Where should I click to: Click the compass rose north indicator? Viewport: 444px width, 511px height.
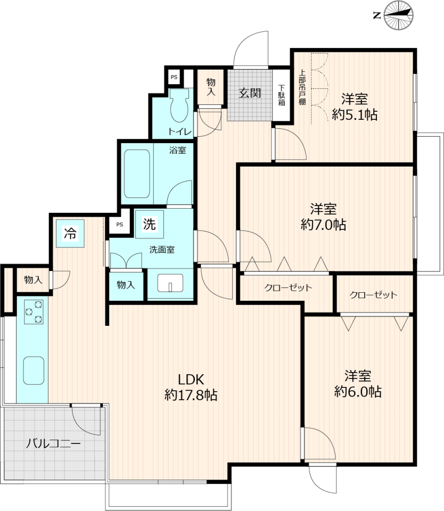(398, 15)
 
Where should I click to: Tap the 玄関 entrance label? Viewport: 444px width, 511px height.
(250, 93)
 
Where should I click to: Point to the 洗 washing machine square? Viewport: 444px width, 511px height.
(149, 224)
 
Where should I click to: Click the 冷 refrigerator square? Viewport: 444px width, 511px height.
(70, 233)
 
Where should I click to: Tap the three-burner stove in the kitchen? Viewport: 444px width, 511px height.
(34, 312)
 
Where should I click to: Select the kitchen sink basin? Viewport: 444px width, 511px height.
(34, 370)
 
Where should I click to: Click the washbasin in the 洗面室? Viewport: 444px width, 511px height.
(170, 283)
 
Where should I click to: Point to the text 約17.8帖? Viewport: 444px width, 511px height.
(191, 395)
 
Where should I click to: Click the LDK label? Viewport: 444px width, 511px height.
(191, 380)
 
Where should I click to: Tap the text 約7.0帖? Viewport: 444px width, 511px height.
(323, 225)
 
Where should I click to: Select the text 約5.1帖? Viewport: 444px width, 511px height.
(355, 115)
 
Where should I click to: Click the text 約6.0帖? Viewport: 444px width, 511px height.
(358, 391)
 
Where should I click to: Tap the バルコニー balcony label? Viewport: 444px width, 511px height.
(53, 443)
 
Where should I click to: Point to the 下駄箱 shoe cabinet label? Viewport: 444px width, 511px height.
(282, 95)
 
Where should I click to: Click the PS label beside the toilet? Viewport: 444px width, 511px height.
(174, 77)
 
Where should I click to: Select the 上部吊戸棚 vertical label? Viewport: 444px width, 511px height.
(302, 87)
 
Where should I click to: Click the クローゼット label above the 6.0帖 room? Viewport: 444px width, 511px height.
(373, 295)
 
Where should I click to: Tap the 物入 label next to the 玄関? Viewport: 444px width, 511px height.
(211, 87)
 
